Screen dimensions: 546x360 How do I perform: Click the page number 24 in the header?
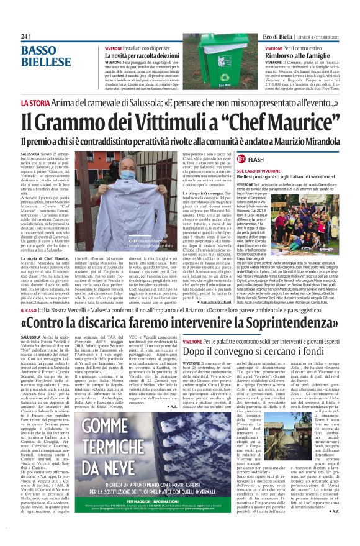[25, 37]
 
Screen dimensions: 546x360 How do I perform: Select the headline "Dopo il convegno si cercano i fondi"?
[259, 352]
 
